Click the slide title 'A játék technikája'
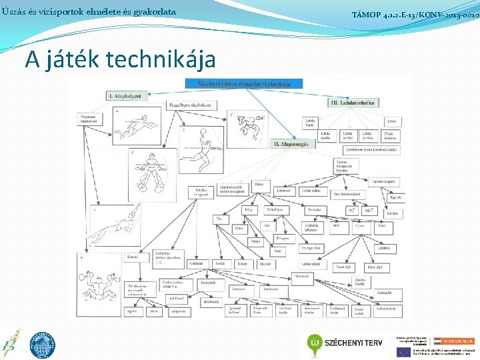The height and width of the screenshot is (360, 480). pos(121,60)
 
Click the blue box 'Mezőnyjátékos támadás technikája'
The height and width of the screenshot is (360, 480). pos(245,85)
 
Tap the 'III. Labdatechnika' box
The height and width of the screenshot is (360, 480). pos(353,103)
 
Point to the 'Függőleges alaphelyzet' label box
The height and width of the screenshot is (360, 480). pos(190,105)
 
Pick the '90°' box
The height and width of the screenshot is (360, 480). pos(351,210)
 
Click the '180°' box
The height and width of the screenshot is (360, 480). pos(369,210)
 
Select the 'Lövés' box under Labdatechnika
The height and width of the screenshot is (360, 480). pos(391,121)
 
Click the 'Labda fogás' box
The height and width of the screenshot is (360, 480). pos(327,121)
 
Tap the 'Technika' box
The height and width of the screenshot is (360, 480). pos(313,209)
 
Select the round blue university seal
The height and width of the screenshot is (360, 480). pos(42,344)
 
